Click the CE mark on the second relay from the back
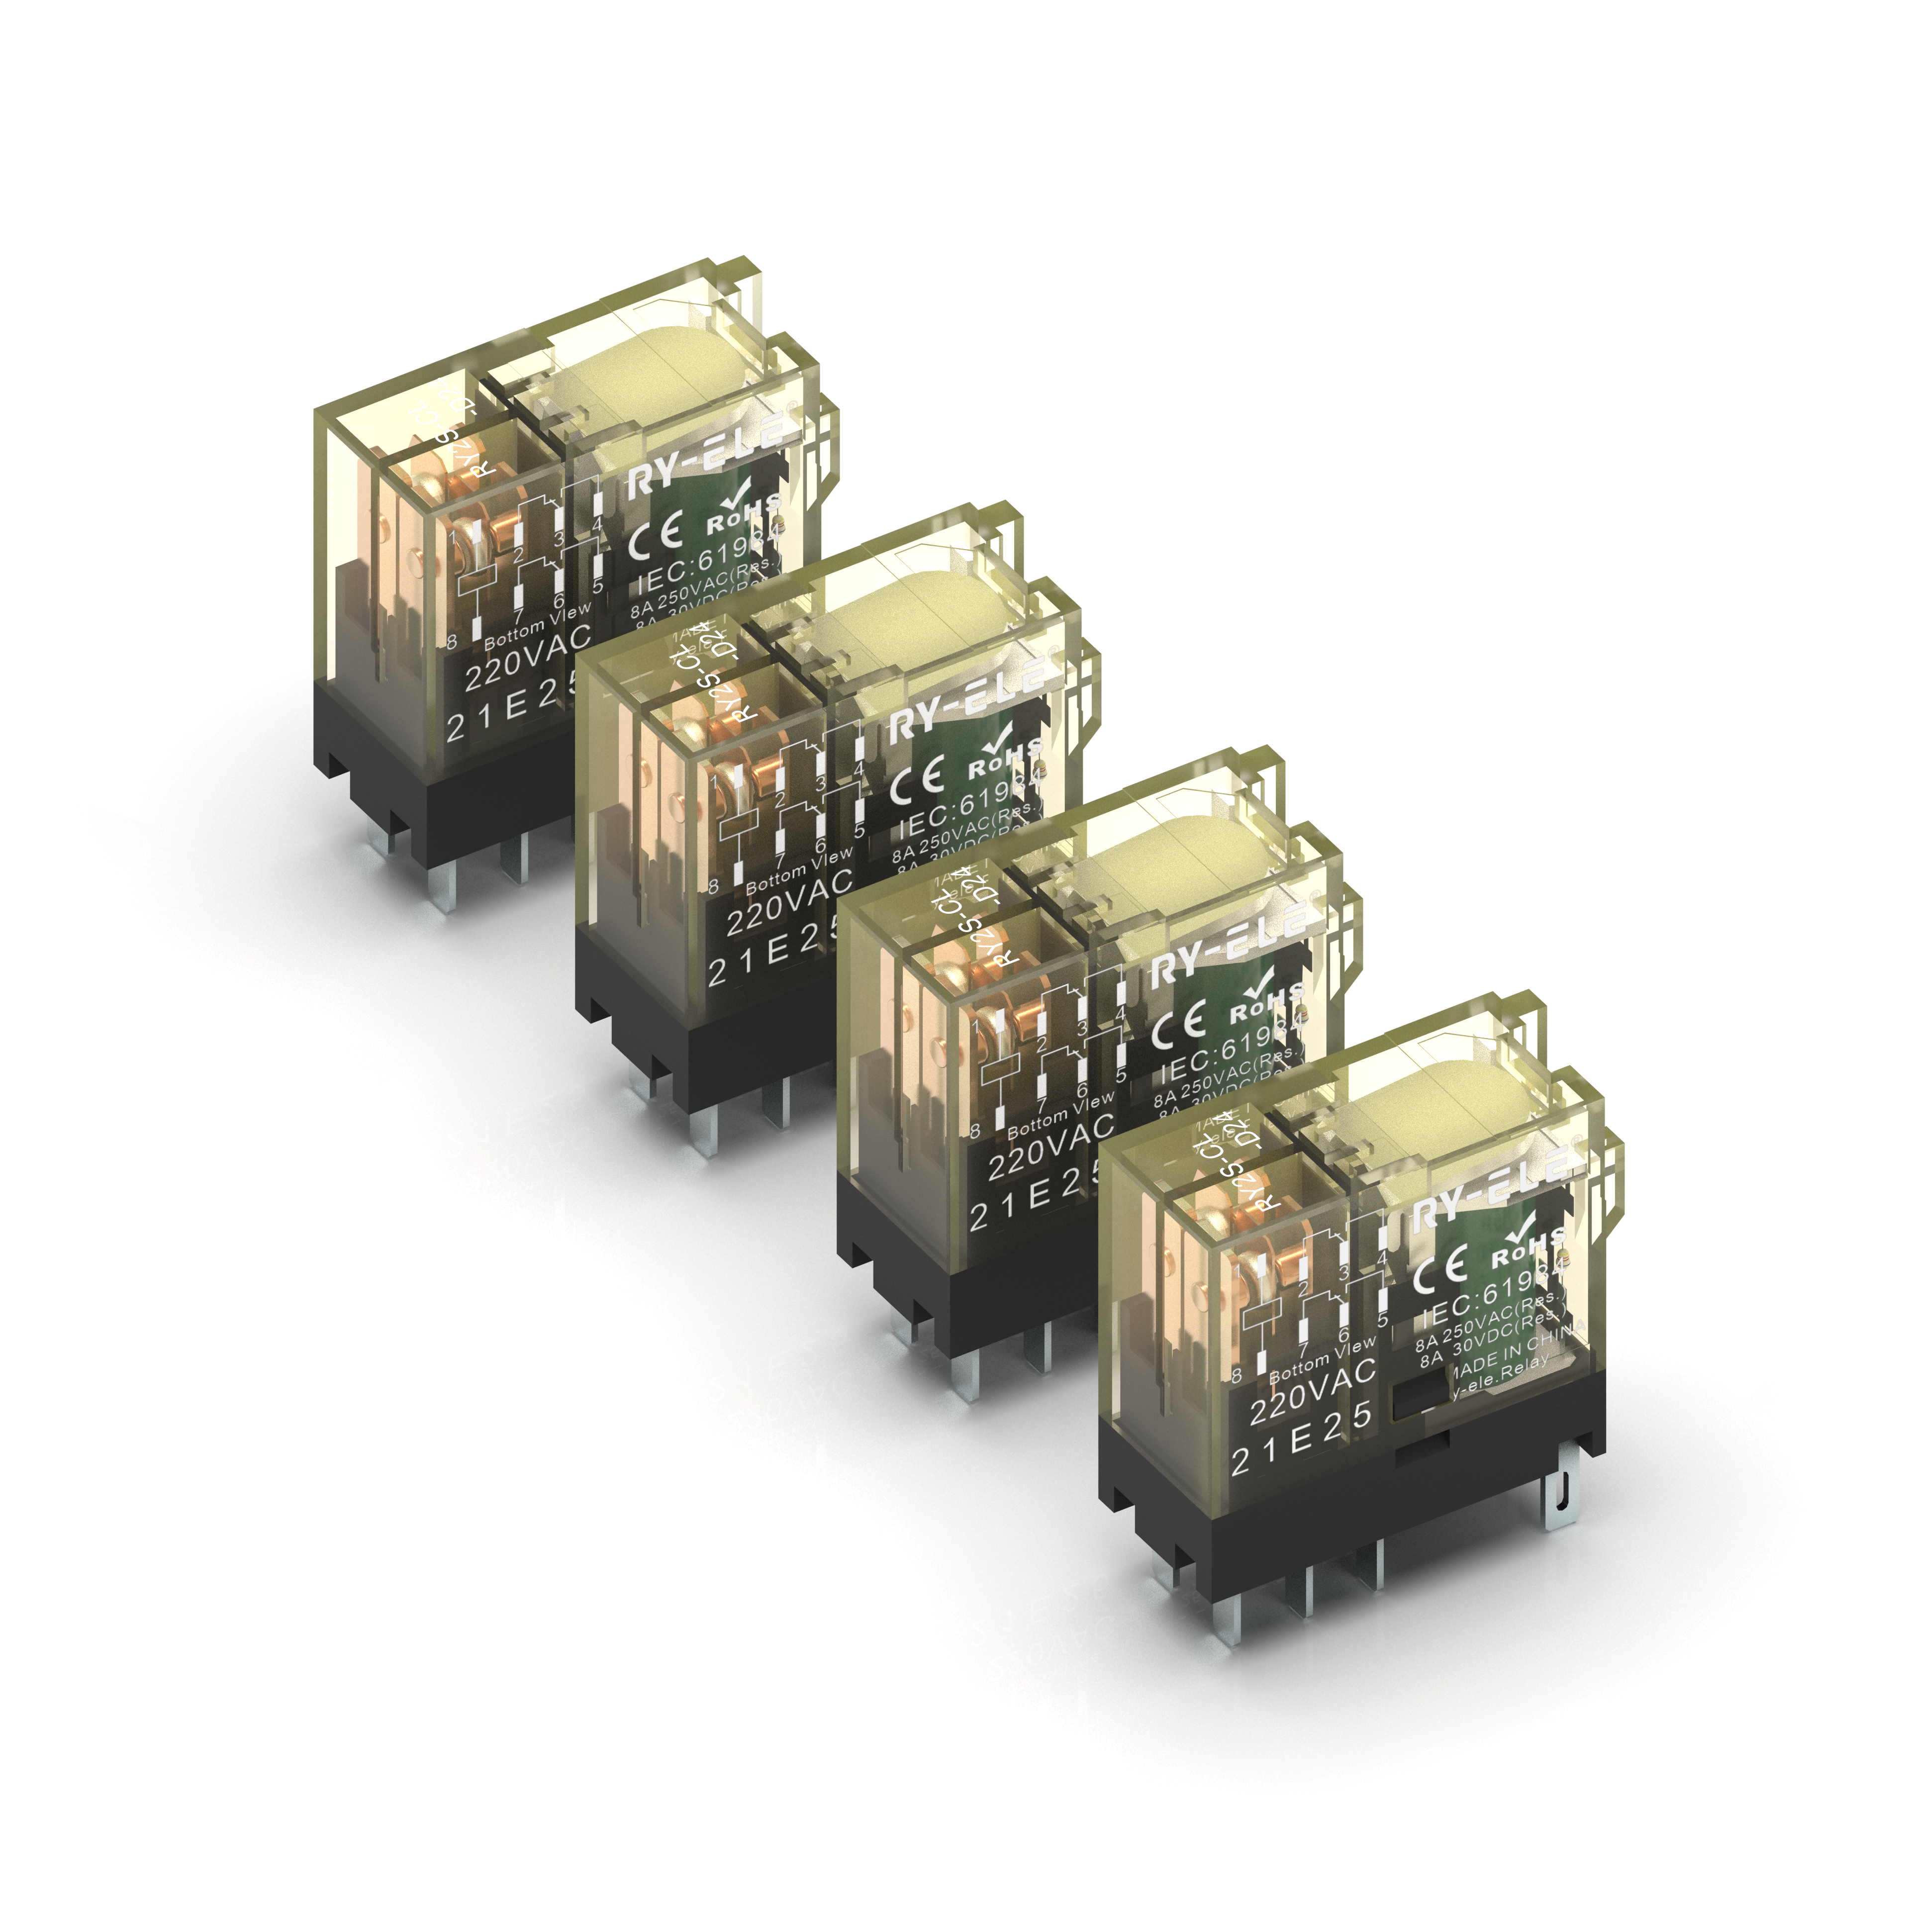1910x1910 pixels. click(x=916, y=781)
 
